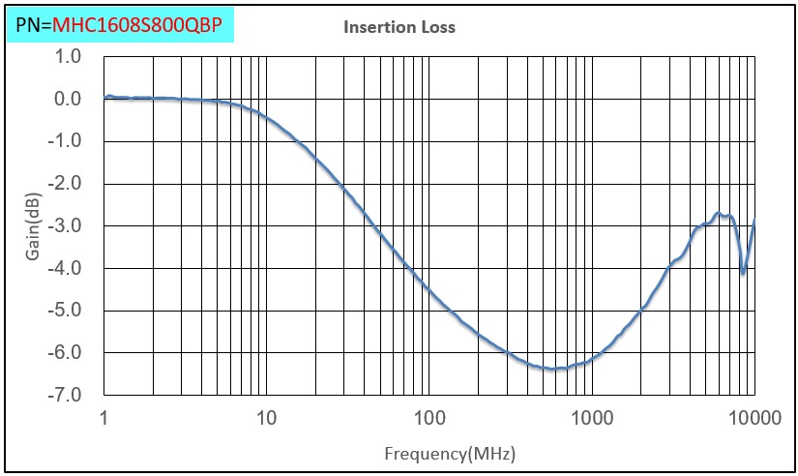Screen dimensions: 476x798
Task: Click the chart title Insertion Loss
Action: [399, 27]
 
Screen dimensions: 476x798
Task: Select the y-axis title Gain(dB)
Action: [33, 226]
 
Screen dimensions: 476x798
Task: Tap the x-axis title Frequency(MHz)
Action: [449, 453]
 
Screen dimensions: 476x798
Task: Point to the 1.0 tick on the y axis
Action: [68, 56]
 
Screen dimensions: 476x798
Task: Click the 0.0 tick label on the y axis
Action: [68, 99]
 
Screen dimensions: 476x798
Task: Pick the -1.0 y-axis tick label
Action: [65, 141]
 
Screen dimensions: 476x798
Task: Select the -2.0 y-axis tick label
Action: [65, 184]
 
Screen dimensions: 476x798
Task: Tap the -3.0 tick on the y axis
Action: [65, 226]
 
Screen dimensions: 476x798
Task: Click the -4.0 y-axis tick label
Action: [65, 268]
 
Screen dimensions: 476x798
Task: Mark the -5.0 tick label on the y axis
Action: [65, 311]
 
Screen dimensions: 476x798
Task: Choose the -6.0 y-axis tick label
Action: [65, 353]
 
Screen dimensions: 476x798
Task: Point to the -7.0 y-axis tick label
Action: [65, 396]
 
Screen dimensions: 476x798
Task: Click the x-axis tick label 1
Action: [103, 419]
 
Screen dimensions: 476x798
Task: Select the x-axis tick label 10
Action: [266, 419]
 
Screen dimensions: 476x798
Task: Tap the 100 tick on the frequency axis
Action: [429, 419]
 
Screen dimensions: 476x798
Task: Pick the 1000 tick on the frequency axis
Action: [592, 419]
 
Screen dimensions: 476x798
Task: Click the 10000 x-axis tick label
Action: [754, 419]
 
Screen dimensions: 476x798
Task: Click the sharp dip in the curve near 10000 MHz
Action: [743, 273]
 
